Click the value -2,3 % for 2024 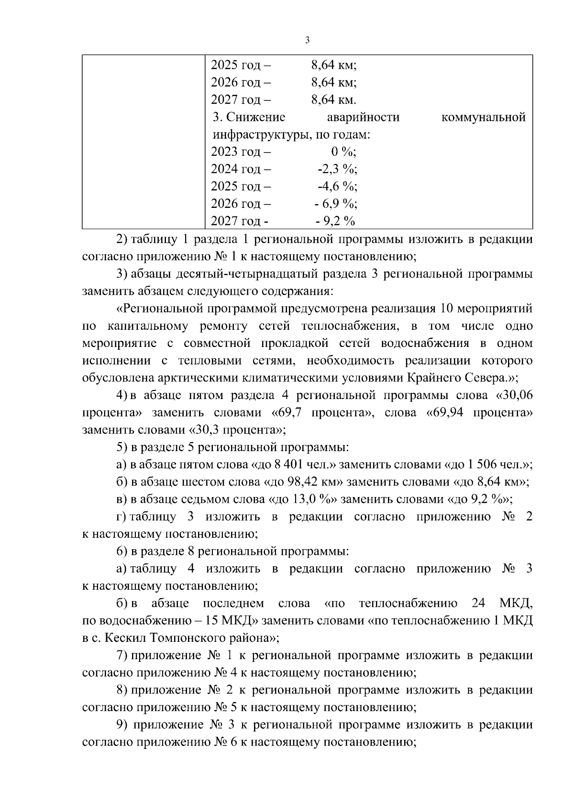(x=337, y=169)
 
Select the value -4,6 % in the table (x=338, y=186)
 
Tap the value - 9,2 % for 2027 (x=335, y=221)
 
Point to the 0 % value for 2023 (x=343, y=152)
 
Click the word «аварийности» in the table (x=363, y=117)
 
